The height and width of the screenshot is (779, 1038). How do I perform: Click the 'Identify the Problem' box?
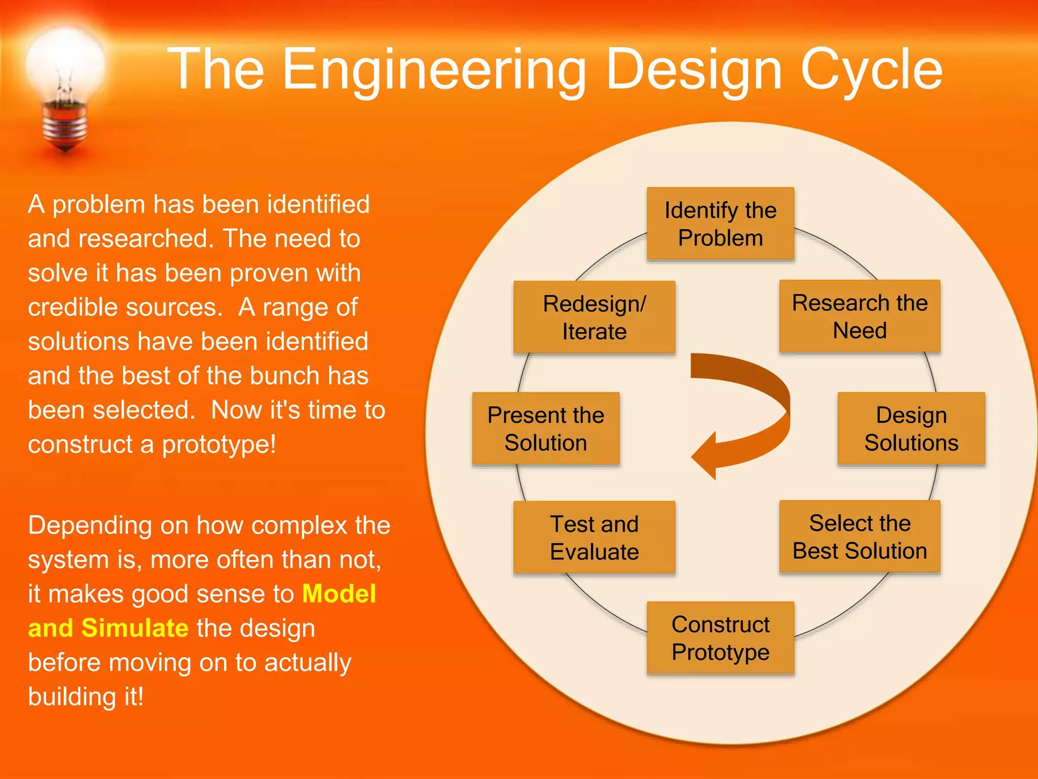tap(720, 224)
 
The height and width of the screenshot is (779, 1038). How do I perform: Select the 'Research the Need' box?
tap(860, 316)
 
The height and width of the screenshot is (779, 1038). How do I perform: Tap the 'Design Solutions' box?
tap(911, 429)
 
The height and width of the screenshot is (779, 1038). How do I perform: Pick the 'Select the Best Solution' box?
tap(860, 537)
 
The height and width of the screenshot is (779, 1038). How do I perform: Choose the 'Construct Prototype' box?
tap(720, 638)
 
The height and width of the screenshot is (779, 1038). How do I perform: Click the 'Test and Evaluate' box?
tap(594, 538)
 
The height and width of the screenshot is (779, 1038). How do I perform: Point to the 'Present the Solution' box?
tap(545, 429)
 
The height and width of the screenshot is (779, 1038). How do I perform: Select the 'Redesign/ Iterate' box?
tap(594, 317)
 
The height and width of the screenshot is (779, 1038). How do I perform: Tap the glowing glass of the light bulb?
tap(65, 63)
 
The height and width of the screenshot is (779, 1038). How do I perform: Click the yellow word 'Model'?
tap(339, 593)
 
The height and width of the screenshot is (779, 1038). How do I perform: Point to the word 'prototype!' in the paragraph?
tap(219, 444)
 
